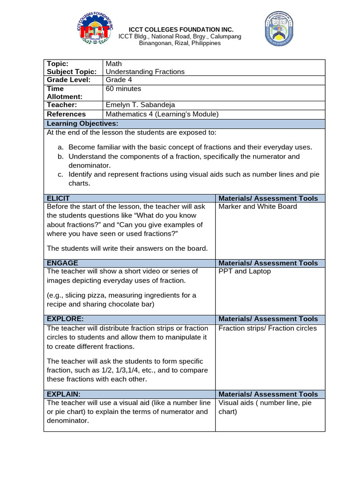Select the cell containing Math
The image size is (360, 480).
tap(113, 63)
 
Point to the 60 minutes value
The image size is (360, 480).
tap(123, 89)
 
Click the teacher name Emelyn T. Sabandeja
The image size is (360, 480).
tap(140, 105)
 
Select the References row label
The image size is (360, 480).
tap(66, 114)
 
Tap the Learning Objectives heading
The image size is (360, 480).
tap(82, 123)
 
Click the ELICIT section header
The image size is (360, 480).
tap(59, 198)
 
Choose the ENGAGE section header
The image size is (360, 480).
tap(62, 263)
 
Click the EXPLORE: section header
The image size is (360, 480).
tap(65, 319)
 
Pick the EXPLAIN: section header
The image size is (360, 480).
tap(64, 394)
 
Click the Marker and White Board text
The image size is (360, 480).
tap(258, 207)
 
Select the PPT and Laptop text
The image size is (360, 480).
tap(245, 271)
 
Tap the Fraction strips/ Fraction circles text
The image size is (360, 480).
tap(268, 328)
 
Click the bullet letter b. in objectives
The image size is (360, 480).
tap(61, 157)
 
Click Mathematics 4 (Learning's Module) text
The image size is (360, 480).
tap(162, 114)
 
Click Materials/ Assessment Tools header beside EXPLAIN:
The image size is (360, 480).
tap(268, 394)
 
